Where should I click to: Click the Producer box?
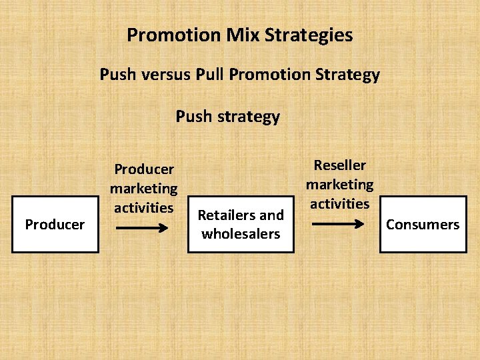55,224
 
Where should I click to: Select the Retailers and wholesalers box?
241,224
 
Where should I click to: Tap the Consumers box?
423,224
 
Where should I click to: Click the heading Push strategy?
228,117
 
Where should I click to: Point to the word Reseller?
340,165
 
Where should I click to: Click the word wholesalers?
241,234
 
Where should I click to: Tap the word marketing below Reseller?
340,184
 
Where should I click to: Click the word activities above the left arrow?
143,207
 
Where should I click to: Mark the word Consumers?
423,225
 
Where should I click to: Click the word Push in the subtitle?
118,74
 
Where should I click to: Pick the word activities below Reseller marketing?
340,203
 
